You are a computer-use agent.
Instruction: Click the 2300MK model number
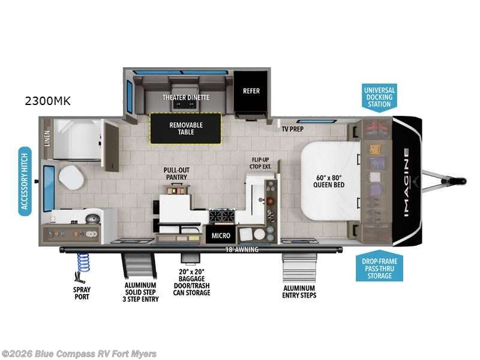point(47,101)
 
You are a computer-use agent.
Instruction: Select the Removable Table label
point(185,128)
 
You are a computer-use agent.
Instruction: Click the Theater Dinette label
point(185,97)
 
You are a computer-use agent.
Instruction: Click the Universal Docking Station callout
point(379,97)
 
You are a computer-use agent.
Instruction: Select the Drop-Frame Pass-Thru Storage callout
point(379,268)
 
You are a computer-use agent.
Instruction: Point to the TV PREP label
point(293,128)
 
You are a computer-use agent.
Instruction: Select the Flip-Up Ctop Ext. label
point(262,163)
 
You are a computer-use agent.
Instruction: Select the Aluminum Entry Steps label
point(299,292)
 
